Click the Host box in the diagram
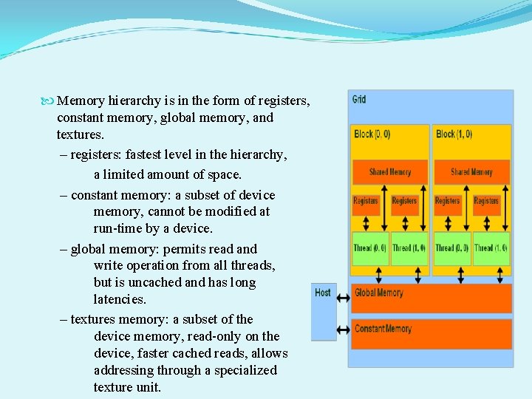tap(323, 310)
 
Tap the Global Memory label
tap(378, 293)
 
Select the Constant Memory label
tap(383, 329)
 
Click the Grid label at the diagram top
tap(359, 100)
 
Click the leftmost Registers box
tap(365, 201)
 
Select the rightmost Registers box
tap(485, 201)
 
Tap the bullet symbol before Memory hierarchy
tap(48, 100)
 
